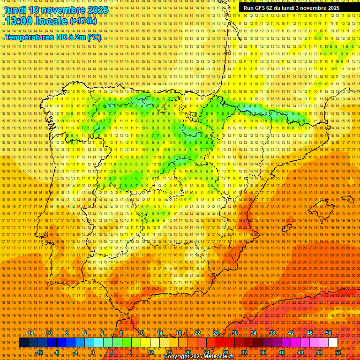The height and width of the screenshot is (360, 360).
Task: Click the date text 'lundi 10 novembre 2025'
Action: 56,9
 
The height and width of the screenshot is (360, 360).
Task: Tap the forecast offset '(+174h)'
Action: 83,21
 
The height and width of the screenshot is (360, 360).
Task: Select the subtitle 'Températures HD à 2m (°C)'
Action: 53,37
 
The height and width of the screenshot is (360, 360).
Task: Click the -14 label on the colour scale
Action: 31,333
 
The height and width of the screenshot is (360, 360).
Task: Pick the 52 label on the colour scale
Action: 338,352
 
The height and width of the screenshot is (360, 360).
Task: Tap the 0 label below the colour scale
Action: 93,352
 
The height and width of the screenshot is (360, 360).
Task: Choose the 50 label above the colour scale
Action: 329,333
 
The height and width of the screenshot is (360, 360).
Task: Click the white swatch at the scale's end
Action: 333,343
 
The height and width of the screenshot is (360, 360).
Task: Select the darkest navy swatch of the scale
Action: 23,343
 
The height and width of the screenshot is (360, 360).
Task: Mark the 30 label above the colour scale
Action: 234,333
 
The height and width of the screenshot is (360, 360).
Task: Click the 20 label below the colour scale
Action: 187,352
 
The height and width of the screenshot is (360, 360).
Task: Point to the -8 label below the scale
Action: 57,352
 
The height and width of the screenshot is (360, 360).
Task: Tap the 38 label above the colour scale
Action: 272,333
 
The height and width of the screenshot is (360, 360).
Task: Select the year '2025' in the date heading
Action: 97,9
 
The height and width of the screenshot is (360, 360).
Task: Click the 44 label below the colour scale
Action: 300,352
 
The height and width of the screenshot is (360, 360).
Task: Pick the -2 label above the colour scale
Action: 85,333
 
